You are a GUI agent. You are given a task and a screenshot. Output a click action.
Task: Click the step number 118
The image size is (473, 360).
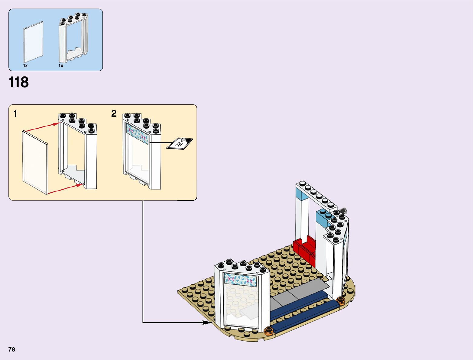pyautogui.click(x=19, y=82)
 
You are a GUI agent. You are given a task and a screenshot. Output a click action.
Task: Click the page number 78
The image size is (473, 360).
pyautogui.click(x=12, y=349)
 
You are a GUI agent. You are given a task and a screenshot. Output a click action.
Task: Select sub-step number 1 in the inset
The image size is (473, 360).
pyautogui.click(x=15, y=114)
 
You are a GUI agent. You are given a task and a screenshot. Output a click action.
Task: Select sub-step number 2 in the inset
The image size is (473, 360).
pyautogui.click(x=114, y=114)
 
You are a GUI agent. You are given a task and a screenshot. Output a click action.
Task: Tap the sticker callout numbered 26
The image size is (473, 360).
pyautogui.click(x=180, y=143)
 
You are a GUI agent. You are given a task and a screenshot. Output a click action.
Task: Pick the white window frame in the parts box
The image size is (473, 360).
pyautogui.click(x=73, y=38)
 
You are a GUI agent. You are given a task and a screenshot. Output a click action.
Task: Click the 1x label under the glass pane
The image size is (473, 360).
pyautogui.click(x=25, y=66)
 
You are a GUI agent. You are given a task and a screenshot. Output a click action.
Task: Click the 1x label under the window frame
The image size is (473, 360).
pyautogui.click(x=61, y=66)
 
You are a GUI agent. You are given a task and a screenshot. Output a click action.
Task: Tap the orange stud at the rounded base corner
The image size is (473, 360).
pyautogui.click(x=341, y=300)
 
